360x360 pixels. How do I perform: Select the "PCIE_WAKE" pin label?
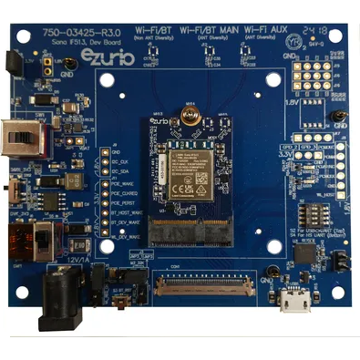[126, 183]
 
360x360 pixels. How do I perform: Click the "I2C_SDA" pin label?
[121, 172]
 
